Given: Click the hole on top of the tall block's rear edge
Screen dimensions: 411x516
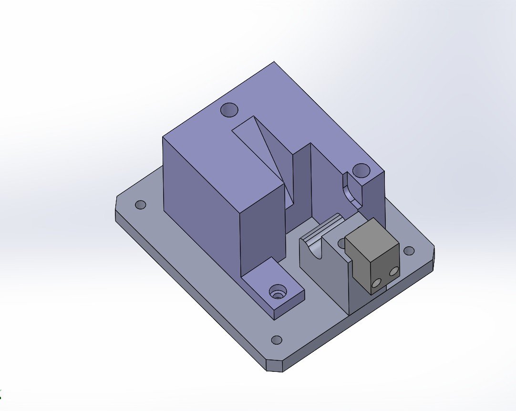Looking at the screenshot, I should pos(229,110).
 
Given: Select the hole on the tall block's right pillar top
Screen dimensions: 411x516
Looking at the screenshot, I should pos(361,170).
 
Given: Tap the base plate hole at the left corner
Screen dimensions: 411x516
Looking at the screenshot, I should pos(140,205).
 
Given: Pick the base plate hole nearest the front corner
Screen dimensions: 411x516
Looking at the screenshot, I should pos(276,340).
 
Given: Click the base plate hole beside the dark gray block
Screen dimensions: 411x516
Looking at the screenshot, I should pos(409,251).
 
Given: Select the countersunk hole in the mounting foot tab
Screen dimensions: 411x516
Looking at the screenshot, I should pos(277,291).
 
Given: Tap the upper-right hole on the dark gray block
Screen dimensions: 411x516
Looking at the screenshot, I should pos(393,272).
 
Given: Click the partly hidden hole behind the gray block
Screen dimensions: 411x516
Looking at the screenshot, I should pos(341,243).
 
